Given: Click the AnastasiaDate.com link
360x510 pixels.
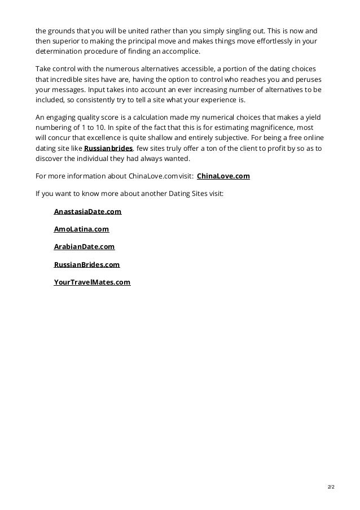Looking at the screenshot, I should tap(87, 211).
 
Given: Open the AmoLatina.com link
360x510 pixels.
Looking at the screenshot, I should tap(81, 229).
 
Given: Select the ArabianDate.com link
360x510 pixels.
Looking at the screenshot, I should tap(84, 246).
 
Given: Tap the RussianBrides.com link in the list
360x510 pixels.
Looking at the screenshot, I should tap(87, 264).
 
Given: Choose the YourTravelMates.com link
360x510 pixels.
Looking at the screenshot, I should tap(92, 281).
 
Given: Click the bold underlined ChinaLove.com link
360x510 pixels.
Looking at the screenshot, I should tap(223, 176).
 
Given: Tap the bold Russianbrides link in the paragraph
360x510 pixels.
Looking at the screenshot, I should tap(108, 148).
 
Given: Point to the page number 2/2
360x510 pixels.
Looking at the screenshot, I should tap(331, 486).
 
